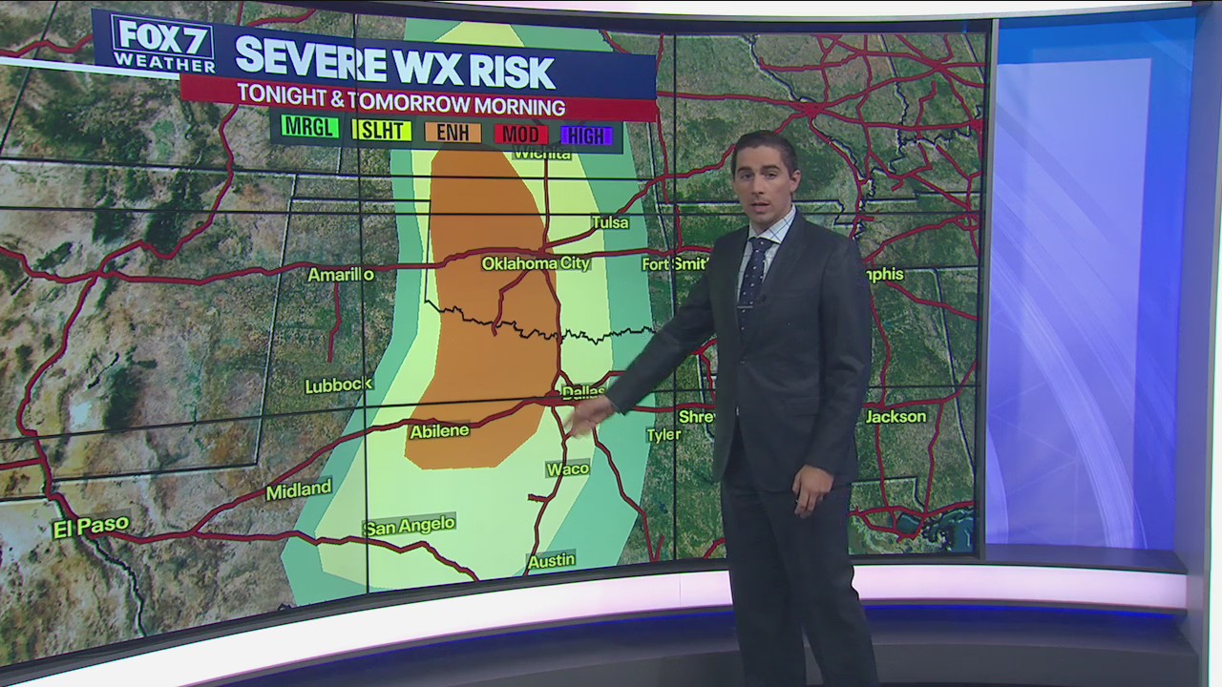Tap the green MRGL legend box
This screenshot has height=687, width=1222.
pyautogui.click(x=310, y=128)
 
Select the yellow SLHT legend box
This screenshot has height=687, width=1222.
pyautogui.click(x=382, y=131)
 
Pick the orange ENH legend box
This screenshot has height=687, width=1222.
pyautogui.click(x=453, y=133)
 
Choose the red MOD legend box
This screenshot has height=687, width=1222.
pyautogui.click(x=520, y=135)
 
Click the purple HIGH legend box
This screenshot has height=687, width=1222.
pyautogui.click(x=586, y=135)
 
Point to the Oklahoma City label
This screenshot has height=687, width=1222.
pyautogui.click(x=536, y=263)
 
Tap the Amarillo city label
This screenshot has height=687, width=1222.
pyautogui.click(x=341, y=275)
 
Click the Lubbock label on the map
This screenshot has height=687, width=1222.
pyautogui.click(x=338, y=385)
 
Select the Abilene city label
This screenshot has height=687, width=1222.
pyautogui.click(x=439, y=431)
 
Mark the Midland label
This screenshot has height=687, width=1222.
pyautogui.click(x=298, y=490)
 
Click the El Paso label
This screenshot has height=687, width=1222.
pyautogui.click(x=91, y=526)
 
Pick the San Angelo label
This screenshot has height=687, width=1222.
pyautogui.click(x=409, y=525)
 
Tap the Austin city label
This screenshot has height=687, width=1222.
pyautogui.click(x=551, y=561)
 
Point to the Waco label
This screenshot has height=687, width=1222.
pyautogui.click(x=567, y=469)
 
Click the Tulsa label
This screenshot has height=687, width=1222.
pyautogui.click(x=610, y=222)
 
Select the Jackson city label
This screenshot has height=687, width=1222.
pyautogui.click(x=895, y=417)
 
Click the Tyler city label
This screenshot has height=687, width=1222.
pyautogui.click(x=664, y=435)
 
